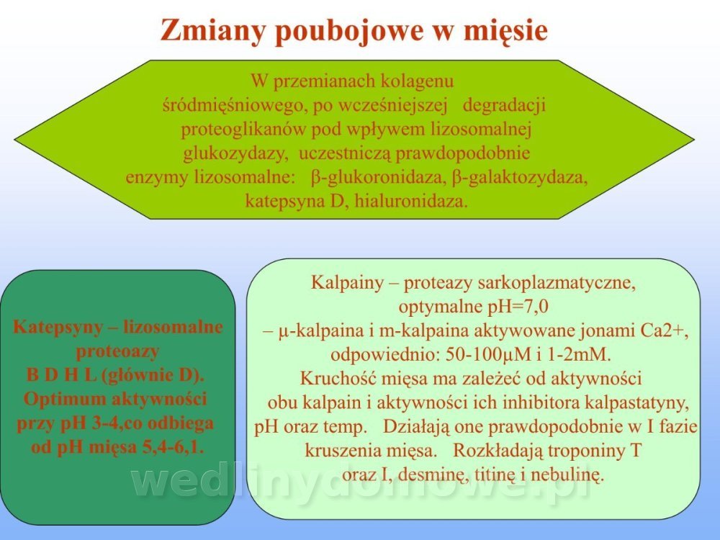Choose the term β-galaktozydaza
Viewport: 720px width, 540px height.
(x=520, y=177)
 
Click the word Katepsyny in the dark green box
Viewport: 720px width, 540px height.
(x=58, y=328)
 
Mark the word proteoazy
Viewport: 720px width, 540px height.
(x=117, y=352)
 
